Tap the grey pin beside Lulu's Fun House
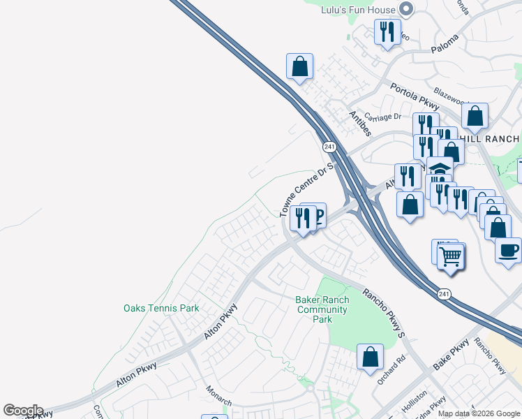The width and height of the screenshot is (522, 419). [x=406, y=9]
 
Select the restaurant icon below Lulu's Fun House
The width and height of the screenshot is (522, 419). [x=387, y=32]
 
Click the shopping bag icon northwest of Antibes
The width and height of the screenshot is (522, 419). [x=299, y=67]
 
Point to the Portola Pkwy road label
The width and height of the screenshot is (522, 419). [x=415, y=97]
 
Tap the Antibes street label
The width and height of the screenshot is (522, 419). [x=359, y=123]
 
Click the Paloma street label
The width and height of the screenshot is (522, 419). [x=445, y=43]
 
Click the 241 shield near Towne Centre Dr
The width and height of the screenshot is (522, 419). [x=329, y=147]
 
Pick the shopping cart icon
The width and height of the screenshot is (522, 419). [x=450, y=256]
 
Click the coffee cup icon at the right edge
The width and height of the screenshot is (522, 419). [x=509, y=249]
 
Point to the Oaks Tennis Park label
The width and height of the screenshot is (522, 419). [x=161, y=308]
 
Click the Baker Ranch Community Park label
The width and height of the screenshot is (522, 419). [x=322, y=309]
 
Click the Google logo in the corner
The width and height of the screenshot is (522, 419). [x=22, y=411]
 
